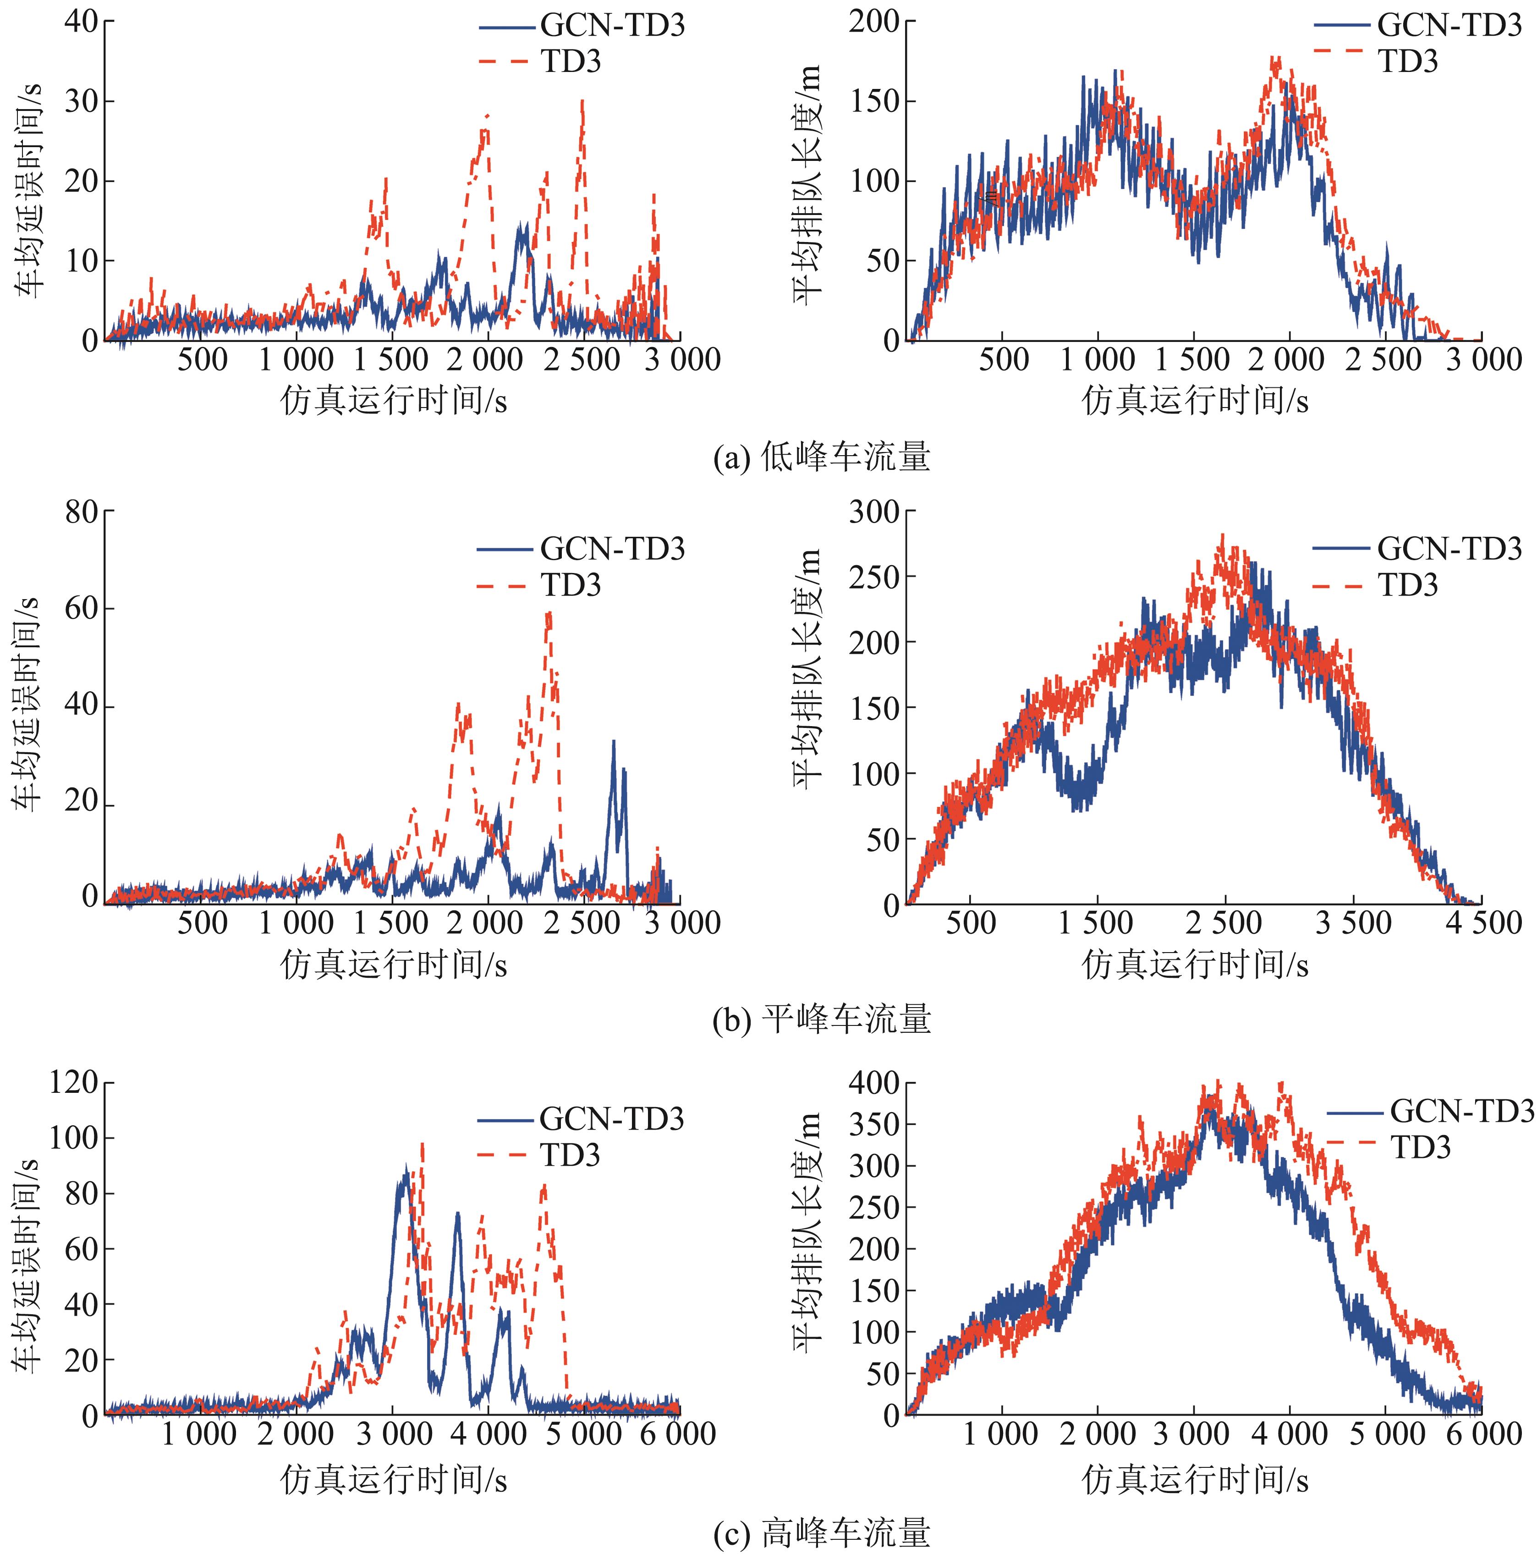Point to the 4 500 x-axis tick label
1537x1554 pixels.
pyautogui.click(x=1482, y=923)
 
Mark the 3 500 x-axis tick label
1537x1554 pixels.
pyautogui.click(x=1354, y=923)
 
